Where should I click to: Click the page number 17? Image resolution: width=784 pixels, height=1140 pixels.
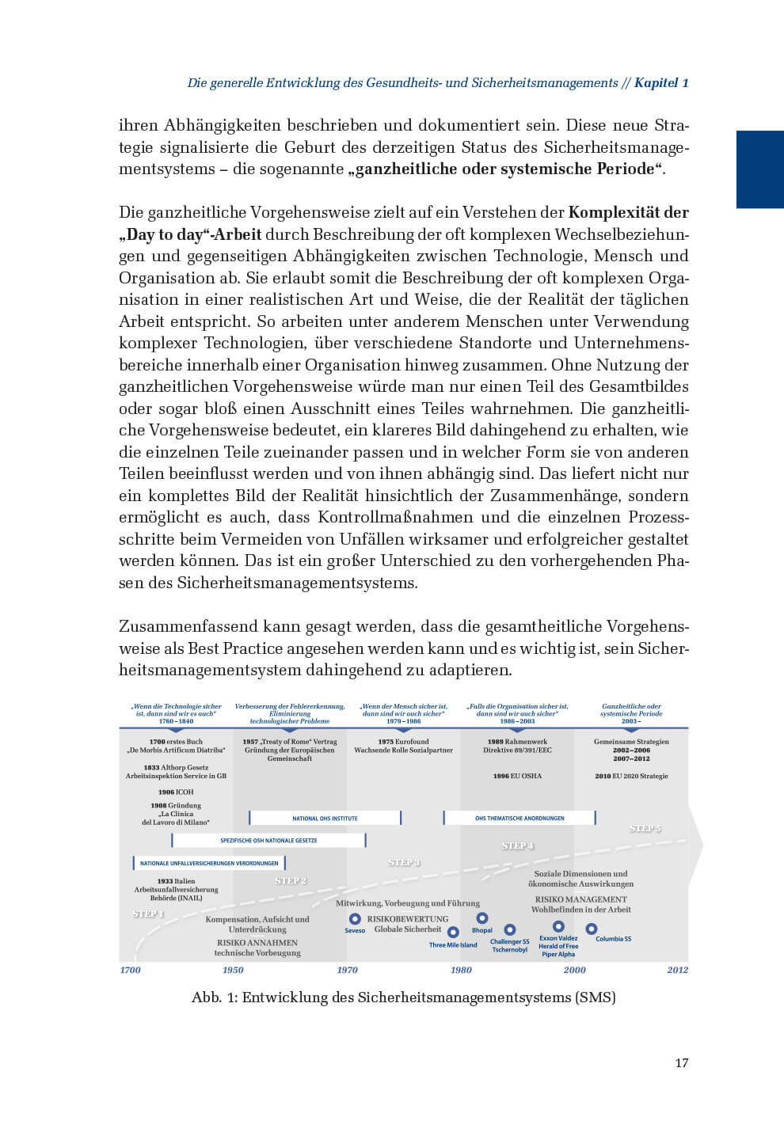pos(681,1062)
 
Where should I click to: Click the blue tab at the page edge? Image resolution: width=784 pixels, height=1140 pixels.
pos(759,169)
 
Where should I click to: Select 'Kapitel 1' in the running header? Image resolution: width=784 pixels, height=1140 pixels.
pos(661,82)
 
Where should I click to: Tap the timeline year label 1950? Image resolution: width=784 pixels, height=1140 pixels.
pos(233,970)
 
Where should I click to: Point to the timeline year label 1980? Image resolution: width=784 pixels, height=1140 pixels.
pos(461,970)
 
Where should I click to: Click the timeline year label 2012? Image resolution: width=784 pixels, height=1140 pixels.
pos(677,970)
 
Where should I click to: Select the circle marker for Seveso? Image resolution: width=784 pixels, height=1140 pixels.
pos(355,919)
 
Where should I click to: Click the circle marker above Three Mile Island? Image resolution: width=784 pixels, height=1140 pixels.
pos(453,933)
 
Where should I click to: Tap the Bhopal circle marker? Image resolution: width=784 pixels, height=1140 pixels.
pos(481,919)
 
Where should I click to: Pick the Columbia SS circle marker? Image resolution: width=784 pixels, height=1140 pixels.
pos(591,929)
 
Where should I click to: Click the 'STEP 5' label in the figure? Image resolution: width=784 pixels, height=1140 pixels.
pos(645,828)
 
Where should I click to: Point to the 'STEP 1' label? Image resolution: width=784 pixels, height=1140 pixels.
pos(148,914)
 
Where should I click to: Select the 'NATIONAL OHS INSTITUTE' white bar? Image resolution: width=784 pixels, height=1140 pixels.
pos(325,818)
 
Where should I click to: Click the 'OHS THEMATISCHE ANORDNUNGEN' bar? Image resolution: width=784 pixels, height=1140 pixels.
pos(519,818)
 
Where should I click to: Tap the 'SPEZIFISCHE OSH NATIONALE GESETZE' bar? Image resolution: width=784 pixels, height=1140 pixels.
pos(268,840)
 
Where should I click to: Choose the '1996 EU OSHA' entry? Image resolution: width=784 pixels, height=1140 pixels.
pos(517,776)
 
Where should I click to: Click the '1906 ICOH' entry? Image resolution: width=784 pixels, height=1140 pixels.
pos(176,792)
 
